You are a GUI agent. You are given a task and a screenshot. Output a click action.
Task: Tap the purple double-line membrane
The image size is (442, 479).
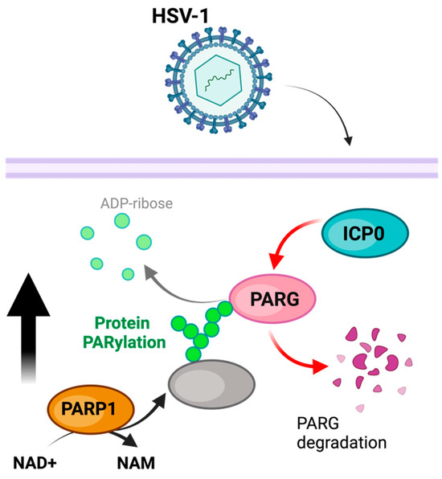222,168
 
